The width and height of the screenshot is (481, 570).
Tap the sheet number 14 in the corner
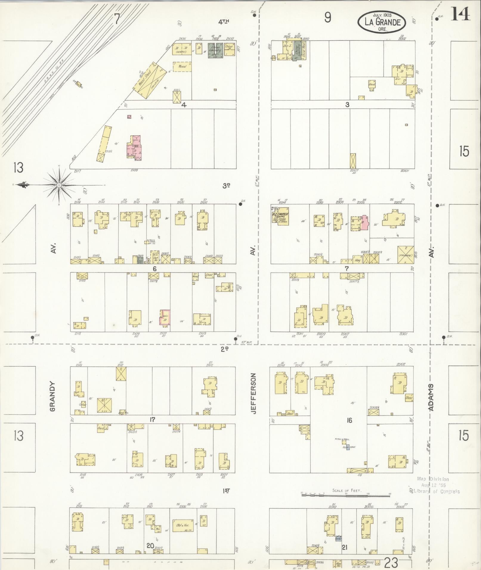[460, 14]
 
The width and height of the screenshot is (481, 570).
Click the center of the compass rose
[59, 185]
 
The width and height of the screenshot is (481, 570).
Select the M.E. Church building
[279, 215]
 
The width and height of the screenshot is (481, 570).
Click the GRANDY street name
[53, 396]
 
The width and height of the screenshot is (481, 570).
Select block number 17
[152, 420]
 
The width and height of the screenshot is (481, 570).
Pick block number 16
[349, 420]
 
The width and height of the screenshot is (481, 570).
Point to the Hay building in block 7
[357, 260]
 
